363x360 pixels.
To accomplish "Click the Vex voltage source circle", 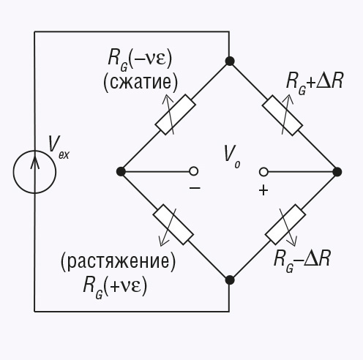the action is (13, 172).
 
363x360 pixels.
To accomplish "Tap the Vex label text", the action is (59, 147).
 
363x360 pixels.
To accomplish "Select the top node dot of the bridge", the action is (229, 61).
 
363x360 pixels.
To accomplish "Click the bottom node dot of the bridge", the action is (229, 280).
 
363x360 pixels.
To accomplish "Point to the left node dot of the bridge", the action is (121, 171).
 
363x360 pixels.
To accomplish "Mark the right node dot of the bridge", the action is (337, 172).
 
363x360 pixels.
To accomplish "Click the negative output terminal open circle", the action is (194, 171).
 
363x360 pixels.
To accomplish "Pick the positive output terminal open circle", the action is (263, 172).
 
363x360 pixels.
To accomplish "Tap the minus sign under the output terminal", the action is (195, 188).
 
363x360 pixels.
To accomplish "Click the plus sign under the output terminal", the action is (263, 190).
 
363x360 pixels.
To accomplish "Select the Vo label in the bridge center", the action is (232, 157).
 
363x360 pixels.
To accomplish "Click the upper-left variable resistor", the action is (176, 114).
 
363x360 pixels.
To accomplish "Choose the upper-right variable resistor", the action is (282, 115).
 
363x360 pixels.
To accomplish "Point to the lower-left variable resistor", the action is (173, 225).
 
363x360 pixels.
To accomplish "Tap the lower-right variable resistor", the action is (285, 225).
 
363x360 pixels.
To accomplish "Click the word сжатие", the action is (141, 82).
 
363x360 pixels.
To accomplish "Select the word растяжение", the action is (118, 261).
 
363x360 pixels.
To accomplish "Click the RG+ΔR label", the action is (315, 82).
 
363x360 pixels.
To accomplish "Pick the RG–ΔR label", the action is (302, 260).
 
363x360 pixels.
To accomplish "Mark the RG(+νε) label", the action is (115, 287).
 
